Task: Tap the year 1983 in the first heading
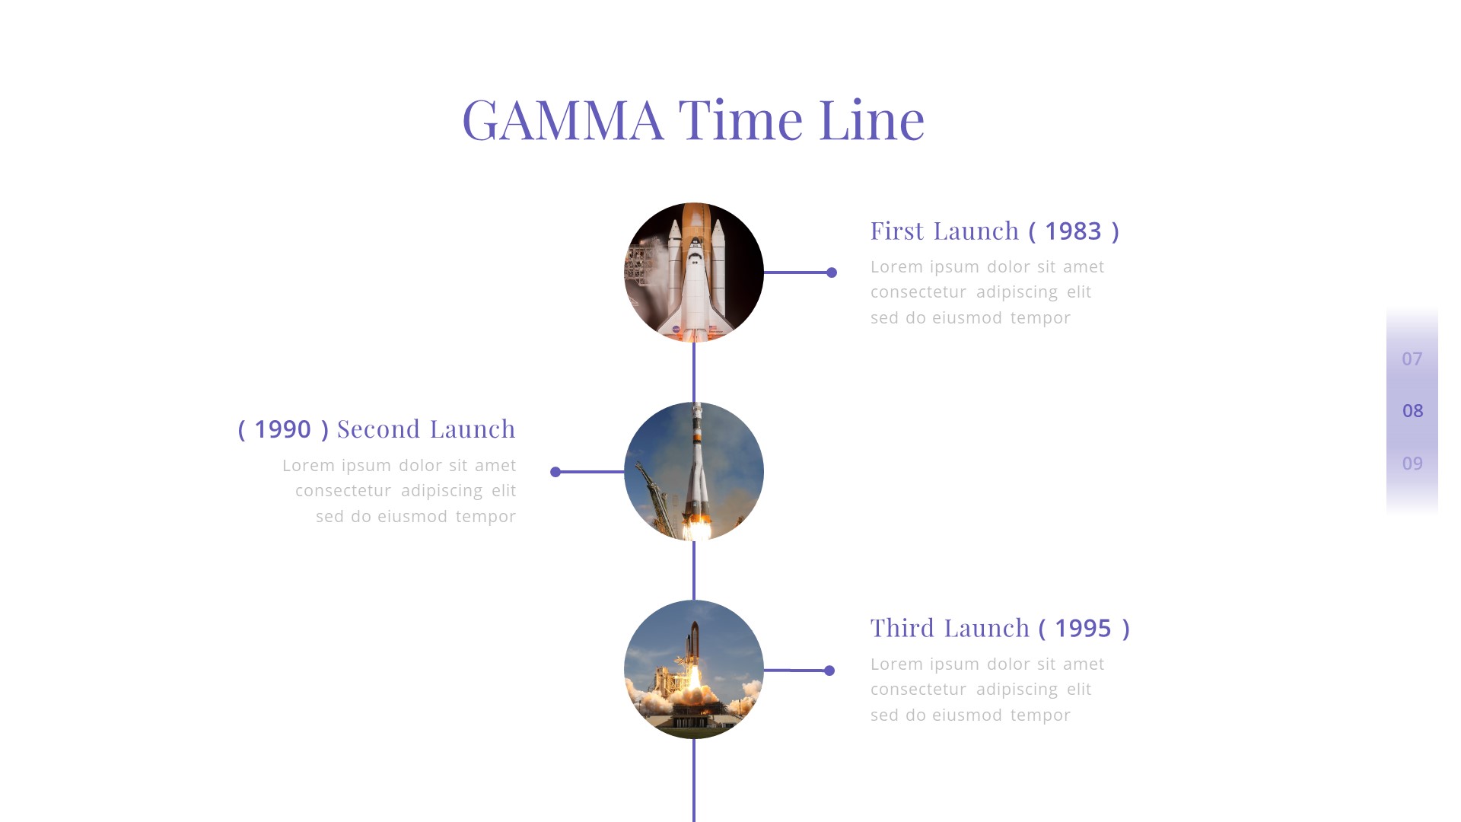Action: (x=1073, y=231)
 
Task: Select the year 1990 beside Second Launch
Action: (x=282, y=429)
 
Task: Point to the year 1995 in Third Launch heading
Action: (x=1083, y=629)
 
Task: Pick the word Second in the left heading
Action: (x=379, y=429)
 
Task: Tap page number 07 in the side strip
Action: (x=1412, y=358)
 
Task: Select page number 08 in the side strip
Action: (x=1412, y=411)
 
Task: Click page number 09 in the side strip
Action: (x=1412, y=464)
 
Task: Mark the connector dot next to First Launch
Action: (x=832, y=272)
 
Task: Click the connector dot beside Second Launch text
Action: (x=555, y=472)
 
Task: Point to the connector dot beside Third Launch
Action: (x=829, y=671)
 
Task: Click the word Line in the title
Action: (x=871, y=120)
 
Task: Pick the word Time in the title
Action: (x=740, y=120)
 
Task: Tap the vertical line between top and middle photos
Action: (x=694, y=372)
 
